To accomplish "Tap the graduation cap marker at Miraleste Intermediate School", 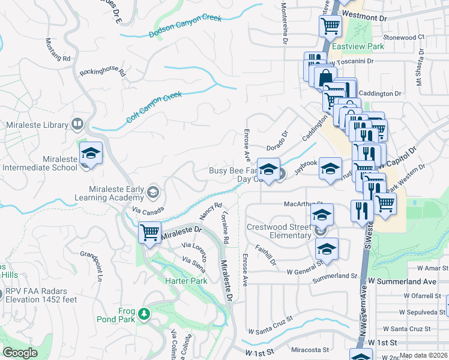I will click(91, 154).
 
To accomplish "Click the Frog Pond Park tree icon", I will click(144, 313).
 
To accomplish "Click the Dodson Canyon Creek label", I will click(185, 26).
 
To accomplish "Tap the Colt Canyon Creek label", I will click(154, 107).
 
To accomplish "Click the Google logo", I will click(20, 353).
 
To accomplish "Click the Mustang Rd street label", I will click(58, 50).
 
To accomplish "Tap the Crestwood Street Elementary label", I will click(279, 232).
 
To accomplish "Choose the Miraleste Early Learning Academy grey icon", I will click(153, 192).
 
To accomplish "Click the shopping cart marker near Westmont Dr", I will click(330, 26).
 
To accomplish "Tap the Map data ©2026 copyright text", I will click(423, 355).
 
